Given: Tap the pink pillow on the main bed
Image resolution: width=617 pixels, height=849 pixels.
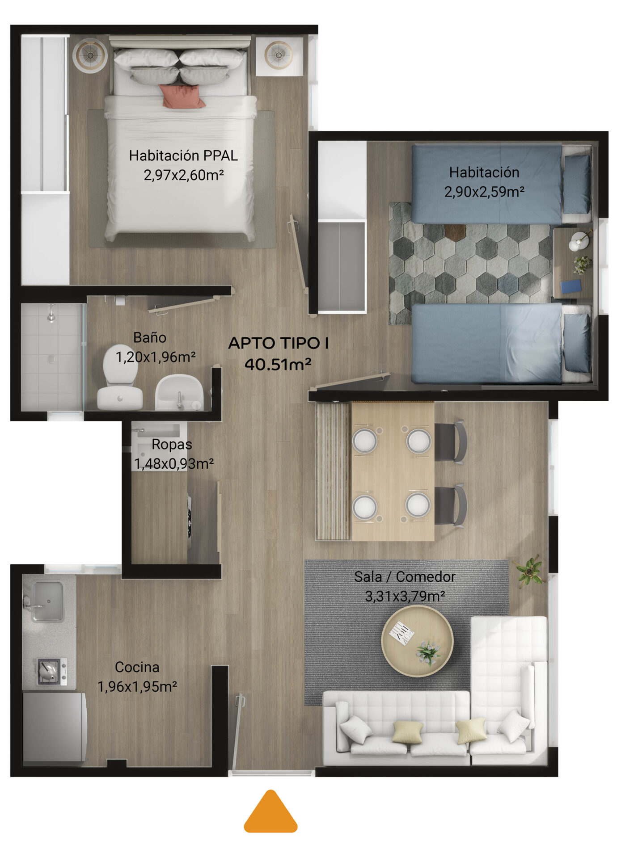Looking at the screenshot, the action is pos(182,96).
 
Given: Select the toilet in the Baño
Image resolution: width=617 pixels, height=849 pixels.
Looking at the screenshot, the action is pos(119,378).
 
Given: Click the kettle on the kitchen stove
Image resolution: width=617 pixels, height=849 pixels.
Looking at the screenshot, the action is pos(48,670).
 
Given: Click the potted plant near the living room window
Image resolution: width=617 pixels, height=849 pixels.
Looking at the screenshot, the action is pos(530,571).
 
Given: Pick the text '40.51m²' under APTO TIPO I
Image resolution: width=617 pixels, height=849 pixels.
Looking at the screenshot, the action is pos(278,364).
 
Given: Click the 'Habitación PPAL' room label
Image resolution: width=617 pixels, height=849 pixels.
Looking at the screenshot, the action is pos(183,156).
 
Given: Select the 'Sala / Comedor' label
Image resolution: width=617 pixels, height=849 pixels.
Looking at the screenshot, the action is pos(405,576).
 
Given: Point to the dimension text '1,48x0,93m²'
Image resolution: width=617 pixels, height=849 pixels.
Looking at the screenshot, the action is pos(174,464).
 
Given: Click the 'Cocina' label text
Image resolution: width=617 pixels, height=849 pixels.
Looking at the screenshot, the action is pos(137,667).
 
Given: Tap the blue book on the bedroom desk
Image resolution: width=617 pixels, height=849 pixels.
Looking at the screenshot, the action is pos(571,286).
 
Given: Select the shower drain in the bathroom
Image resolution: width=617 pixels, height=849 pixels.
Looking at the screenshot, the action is pos(51,359).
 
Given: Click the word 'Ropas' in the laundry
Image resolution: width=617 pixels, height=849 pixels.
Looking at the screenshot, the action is pos(172,444).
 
